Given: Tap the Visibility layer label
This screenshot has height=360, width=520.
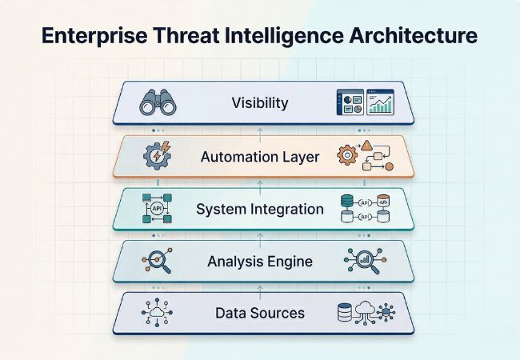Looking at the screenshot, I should (x=260, y=102).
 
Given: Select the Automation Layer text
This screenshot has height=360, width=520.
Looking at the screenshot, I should (x=260, y=157).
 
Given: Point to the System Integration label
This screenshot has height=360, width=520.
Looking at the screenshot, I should (x=260, y=210).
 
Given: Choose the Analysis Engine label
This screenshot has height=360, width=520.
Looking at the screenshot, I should (x=260, y=261).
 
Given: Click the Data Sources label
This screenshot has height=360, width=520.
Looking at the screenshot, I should (x=260, y=312).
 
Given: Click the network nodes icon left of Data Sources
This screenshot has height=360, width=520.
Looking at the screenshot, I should (x=156, y=312).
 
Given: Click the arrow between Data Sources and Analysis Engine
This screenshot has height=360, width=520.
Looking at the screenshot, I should (x=260, y=286).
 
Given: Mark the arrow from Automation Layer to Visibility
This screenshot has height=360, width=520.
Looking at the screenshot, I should (x=260, y=130).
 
